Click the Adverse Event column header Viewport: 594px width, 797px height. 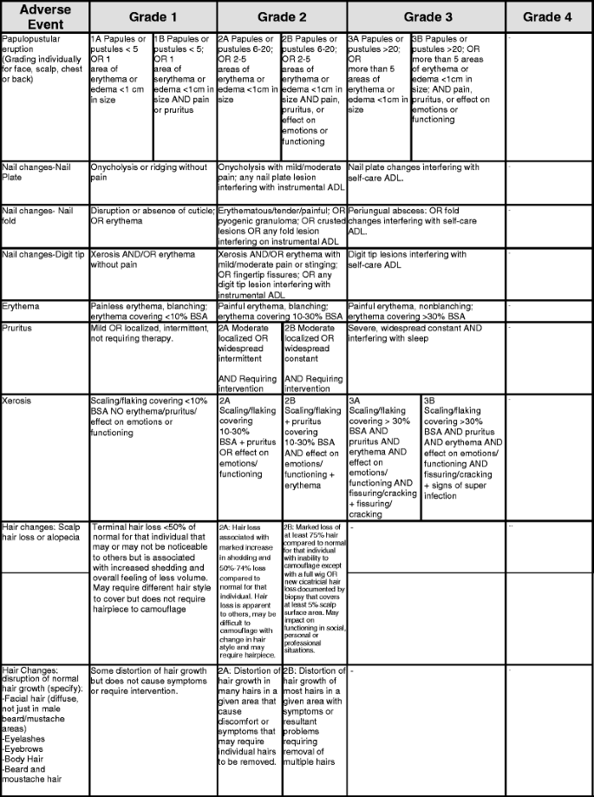[44, 16]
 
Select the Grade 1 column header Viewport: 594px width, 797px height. [153, 16]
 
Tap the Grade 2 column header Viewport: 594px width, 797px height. [282, 16]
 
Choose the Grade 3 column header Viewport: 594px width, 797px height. [427, 16]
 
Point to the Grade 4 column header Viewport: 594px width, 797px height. [547, 16]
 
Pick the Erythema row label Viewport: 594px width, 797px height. [21, 306]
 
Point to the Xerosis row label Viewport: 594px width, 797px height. [19, 401]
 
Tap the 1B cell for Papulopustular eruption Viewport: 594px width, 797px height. [184, 75]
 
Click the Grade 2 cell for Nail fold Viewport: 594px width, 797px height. [282, 226]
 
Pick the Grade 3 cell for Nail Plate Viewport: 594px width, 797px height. [414, 172]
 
